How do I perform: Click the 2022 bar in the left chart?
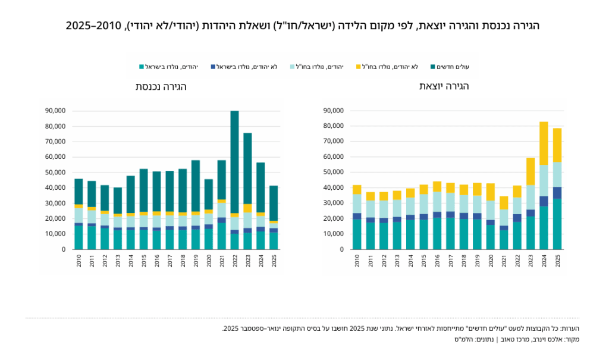234,180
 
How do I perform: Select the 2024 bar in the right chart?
544,186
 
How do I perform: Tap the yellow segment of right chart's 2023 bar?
530,171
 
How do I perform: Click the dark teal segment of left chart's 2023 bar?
247,168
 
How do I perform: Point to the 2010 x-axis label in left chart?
79,261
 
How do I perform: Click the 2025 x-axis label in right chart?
557,261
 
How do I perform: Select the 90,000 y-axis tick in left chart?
55,111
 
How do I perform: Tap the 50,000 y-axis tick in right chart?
333,172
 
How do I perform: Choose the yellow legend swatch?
359,67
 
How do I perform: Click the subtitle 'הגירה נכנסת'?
161,86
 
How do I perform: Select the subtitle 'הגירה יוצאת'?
444,86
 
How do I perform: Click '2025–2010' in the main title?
93,26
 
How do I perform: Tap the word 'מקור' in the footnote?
572,339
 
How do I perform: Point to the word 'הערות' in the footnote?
571,328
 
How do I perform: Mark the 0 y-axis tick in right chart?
342,249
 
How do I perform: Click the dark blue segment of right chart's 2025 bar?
557,193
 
